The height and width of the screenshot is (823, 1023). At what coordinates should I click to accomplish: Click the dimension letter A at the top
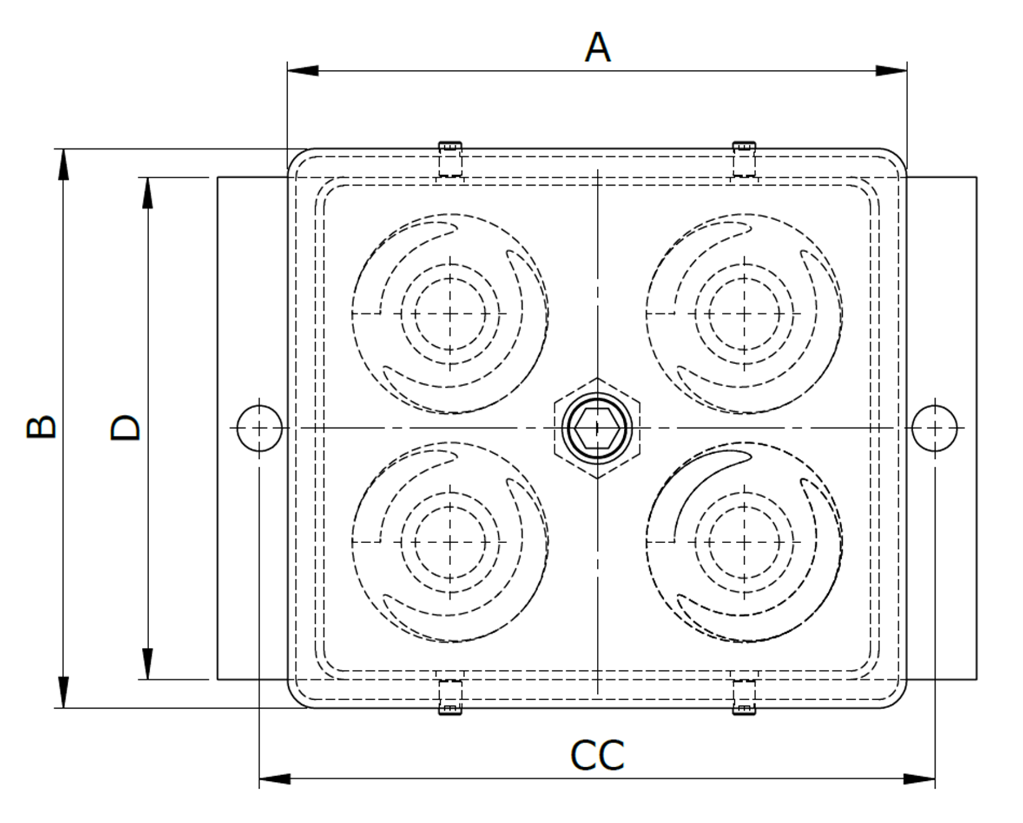(597, 48)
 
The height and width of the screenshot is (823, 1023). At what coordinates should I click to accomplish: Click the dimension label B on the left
(42, 428)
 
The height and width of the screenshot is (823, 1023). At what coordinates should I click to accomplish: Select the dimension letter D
(126, 428)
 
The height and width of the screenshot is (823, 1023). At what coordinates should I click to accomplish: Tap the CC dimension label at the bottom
(597, 756)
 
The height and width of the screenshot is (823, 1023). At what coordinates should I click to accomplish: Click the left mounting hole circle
(259, 428)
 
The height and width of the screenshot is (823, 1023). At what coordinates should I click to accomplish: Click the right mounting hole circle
(935, 428)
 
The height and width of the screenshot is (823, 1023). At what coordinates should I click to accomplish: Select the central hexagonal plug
(597, 428)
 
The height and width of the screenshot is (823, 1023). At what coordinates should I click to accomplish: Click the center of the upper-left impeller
(450, 314)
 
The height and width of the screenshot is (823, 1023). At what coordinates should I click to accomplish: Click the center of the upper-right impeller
(744, 314)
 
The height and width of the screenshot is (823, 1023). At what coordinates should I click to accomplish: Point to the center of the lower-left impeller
(450, 543)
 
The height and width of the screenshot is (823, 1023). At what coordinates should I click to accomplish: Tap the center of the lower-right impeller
(744, 543)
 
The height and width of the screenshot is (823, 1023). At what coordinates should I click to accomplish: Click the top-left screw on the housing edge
(450, 159)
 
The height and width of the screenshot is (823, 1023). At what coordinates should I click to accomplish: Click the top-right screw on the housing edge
(744, 159)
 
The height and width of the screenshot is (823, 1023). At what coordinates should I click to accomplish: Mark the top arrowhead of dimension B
(64, 164)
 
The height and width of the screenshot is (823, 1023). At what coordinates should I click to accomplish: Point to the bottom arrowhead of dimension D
(148, 664)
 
